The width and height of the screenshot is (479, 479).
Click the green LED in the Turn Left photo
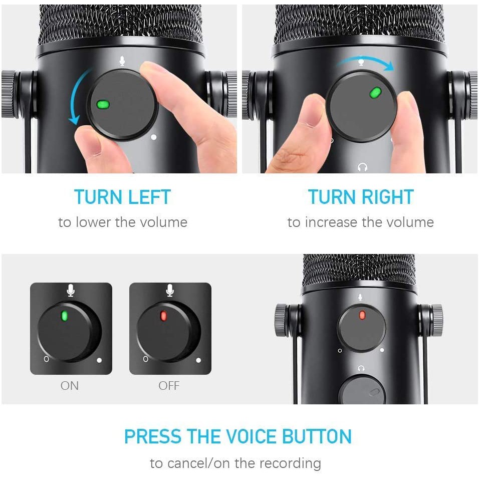[x=103, y=105]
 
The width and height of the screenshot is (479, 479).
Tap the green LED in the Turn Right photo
[x=375, y=93]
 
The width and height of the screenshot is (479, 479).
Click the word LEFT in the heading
[x=149, y=197]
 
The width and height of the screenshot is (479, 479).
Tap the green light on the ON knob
[x=65, y=316]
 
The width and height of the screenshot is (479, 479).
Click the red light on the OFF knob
[x=163, y=316]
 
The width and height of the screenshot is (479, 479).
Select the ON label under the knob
[x=70, y=386]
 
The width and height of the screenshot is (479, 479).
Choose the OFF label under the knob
[x=169, y=386]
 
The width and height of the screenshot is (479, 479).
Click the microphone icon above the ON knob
[x=71, y=290]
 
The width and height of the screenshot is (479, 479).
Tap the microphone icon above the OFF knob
[x=170, y=290]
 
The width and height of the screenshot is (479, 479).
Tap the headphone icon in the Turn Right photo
[x=363, y=167]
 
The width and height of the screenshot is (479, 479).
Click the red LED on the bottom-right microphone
[x=362, y=315]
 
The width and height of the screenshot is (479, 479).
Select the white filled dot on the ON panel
[x=99, y=360]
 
